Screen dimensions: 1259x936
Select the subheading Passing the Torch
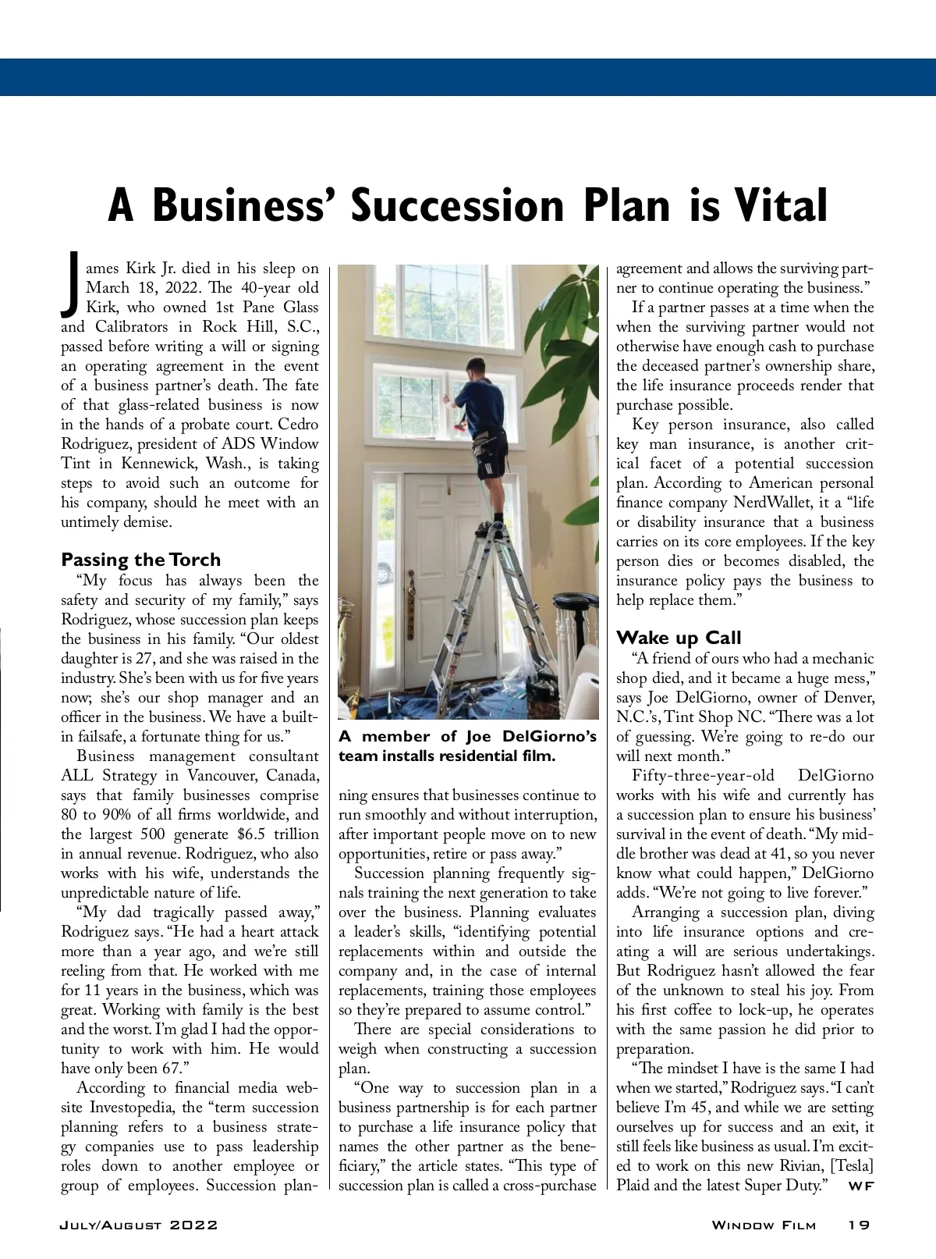pos(140,560)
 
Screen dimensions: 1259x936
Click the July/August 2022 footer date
pos(139,1225)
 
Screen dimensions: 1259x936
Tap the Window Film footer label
pos(764,1225)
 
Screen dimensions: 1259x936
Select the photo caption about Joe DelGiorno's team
pos(467,746)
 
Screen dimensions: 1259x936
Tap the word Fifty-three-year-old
pos(703,776)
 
